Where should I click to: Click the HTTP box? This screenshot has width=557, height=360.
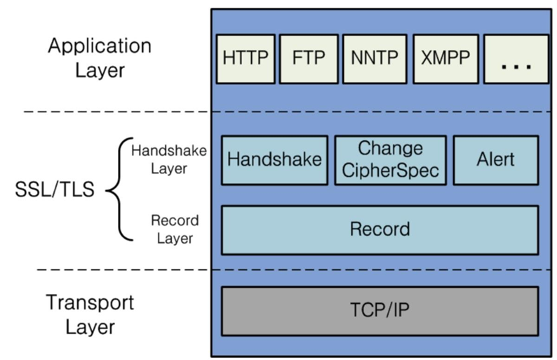[245, 58]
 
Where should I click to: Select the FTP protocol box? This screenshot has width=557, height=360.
[308, 58]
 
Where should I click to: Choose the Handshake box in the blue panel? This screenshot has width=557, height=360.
[274, 159]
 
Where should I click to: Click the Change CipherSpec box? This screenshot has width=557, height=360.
[390, 159]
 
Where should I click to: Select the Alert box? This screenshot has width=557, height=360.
[495, 159]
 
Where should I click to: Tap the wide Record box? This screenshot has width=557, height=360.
[380, 229]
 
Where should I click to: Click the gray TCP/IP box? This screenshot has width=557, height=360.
[380, 310]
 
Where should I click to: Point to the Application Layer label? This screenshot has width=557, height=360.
[99, 58]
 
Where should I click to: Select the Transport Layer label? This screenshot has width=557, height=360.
[89, 314]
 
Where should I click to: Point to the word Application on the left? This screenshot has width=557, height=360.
[99, 46]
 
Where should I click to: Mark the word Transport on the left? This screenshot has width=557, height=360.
[89, 302]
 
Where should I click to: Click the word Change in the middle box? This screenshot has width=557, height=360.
[390, 148]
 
